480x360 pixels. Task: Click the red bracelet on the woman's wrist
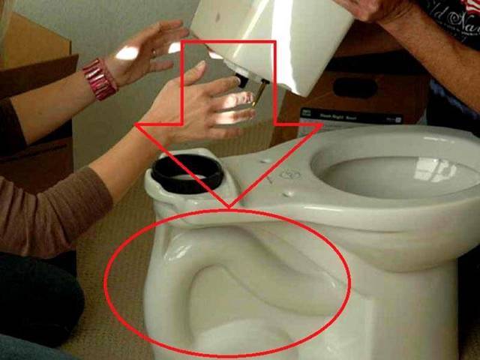(x=100, y=78)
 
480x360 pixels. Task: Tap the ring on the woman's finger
(x=154, y=53)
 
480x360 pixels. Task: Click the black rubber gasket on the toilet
(x=187, y=175)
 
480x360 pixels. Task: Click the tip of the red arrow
(x=229, y=207)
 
